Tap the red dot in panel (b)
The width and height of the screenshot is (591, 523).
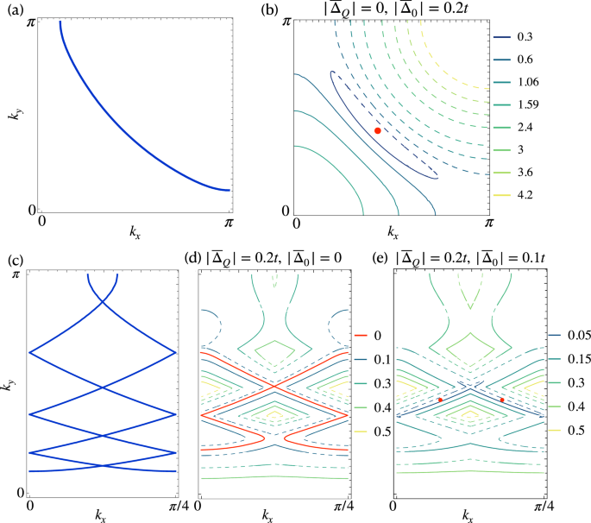tap(378, 130)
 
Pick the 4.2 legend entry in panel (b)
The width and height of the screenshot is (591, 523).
tap(528, 195)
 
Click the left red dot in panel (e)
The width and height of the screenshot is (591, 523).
tap(440, 400)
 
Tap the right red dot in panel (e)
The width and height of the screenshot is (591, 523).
tap(502, 400)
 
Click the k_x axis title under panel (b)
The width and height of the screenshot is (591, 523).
tap(393, 233)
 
